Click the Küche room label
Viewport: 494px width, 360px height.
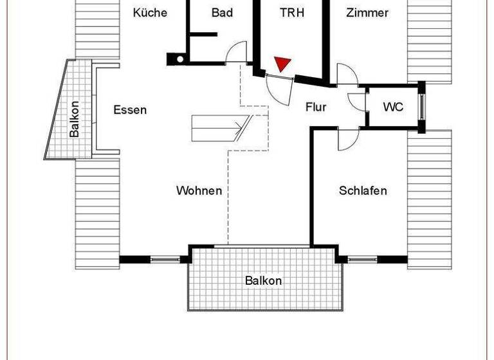(150, 12)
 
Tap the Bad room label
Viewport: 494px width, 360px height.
(222, 12)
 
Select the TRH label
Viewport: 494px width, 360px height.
(292, 12)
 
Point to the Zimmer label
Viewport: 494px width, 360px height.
(367, 12)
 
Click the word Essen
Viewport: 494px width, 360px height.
(130, 109)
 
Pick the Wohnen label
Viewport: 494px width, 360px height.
(199, 190)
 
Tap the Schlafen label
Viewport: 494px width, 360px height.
(363, 190)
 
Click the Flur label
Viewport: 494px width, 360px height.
(315, 107)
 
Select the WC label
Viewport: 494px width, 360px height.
(393, 107)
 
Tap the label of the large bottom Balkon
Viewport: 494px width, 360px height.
(263, 281)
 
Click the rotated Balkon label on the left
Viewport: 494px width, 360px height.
(75, 120)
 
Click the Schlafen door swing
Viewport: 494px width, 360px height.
(349, 139)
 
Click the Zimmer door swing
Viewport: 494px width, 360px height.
(347, 76)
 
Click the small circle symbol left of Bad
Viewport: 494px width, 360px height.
(179, 59)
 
